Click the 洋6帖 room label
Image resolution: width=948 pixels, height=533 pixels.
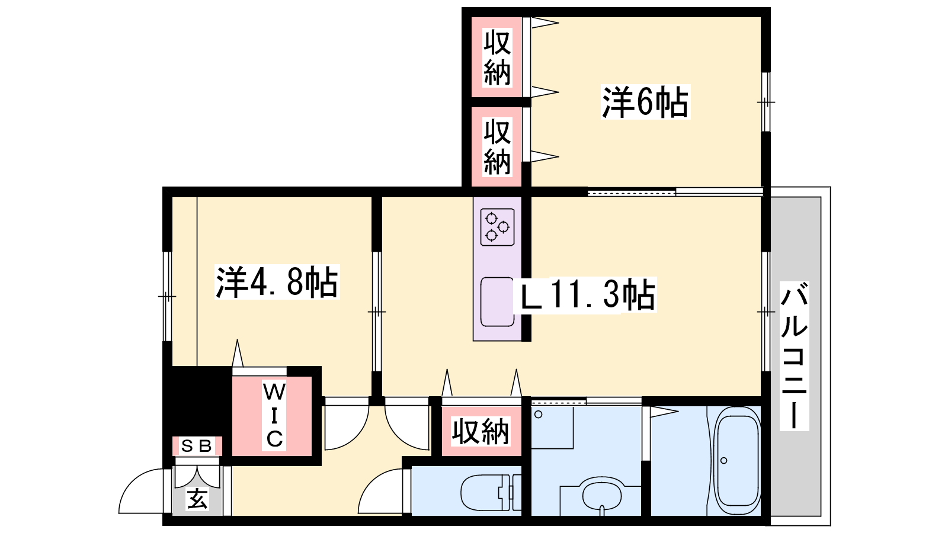[x=645, y=102]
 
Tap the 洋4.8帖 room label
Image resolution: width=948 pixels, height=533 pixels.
[x=277, y=282]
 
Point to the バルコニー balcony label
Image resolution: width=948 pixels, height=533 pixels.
[x=795, y=356]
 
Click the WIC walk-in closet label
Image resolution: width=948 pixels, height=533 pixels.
[x=274, y=415]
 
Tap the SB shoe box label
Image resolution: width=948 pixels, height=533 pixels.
[x=197, y=446]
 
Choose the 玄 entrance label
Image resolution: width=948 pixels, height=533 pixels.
[x=197, y=499]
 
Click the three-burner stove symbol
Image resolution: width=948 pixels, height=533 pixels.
[x=497, y=227]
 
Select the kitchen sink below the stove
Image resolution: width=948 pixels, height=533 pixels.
[x=497, y=301]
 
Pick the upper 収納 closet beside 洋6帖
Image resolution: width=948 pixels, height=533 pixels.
[x=497, y=57]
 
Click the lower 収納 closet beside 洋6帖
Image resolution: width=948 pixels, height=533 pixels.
[x=497, y=147]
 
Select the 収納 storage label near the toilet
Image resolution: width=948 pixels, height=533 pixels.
[x=481, y=432]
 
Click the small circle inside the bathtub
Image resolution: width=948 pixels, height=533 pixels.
[x=723, y=460]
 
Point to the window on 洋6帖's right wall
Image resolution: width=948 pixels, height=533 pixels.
[x=766, y=102]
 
